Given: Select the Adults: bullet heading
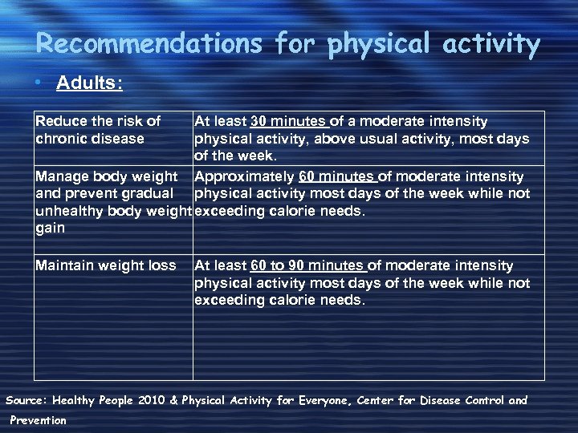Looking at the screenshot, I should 89,84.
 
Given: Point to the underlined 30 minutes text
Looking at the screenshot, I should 289,122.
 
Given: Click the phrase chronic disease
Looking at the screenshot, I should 90,140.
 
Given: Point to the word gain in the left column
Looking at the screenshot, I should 51,229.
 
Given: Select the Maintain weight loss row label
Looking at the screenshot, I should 105,265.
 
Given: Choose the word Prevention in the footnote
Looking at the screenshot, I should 39,420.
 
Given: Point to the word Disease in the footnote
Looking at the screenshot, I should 426,400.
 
